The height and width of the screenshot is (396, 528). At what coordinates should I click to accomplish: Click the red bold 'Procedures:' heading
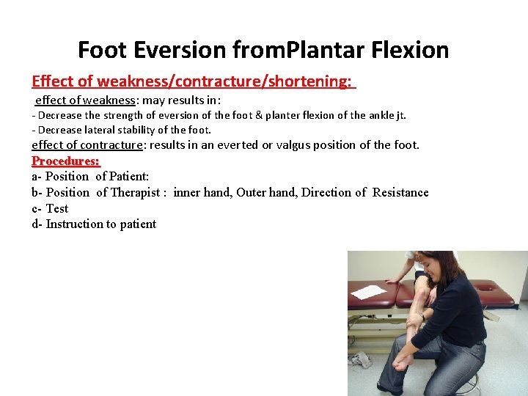[66, 161]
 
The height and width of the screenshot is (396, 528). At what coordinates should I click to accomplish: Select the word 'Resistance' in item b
[400, 192]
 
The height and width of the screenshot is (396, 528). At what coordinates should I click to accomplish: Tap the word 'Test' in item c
[57, 208]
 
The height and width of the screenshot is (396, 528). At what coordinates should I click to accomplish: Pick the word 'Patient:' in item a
[130, 177]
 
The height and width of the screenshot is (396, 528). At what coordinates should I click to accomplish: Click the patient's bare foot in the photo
[403, 359]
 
